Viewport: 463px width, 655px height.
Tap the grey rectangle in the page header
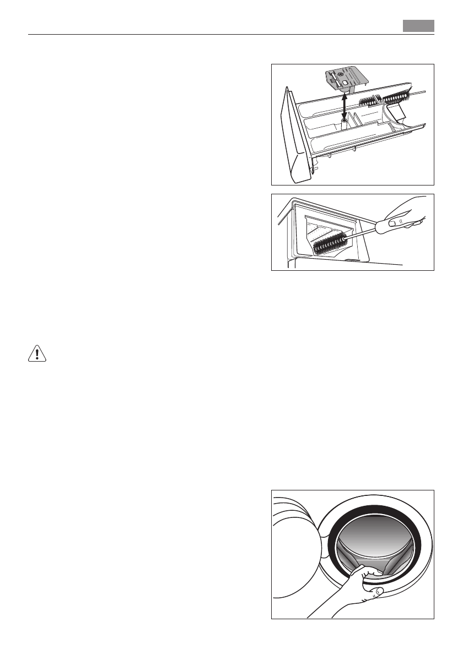coord(418,26)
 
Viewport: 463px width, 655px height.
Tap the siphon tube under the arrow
coord(344,124)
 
